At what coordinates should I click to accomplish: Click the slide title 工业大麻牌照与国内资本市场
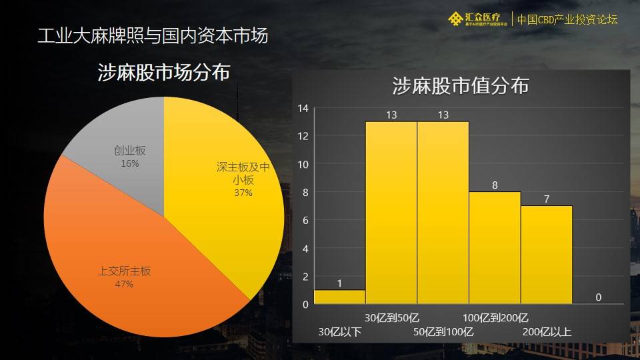pos(153,35)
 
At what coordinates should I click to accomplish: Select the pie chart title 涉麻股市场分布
pos(163,73)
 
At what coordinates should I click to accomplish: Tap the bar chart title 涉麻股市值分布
pos(460,86)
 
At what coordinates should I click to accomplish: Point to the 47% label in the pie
pos(125,284)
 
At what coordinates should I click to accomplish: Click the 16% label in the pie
pos(130,163)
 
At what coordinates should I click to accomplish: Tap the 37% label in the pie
pos(243,193)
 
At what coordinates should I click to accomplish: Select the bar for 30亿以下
pos(339,297)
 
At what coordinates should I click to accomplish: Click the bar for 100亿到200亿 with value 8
pos(495,247)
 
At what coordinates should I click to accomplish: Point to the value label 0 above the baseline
pos(598,297)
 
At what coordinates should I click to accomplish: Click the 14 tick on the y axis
pos(303,108)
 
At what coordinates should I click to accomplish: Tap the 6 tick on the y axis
pos(305,220)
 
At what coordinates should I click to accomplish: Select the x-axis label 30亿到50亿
pos(392,317)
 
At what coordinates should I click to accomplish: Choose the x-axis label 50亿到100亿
pos(443,331)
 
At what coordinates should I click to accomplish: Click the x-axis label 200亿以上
pos(547,331)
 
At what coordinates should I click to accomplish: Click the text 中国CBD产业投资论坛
pos(567,19)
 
